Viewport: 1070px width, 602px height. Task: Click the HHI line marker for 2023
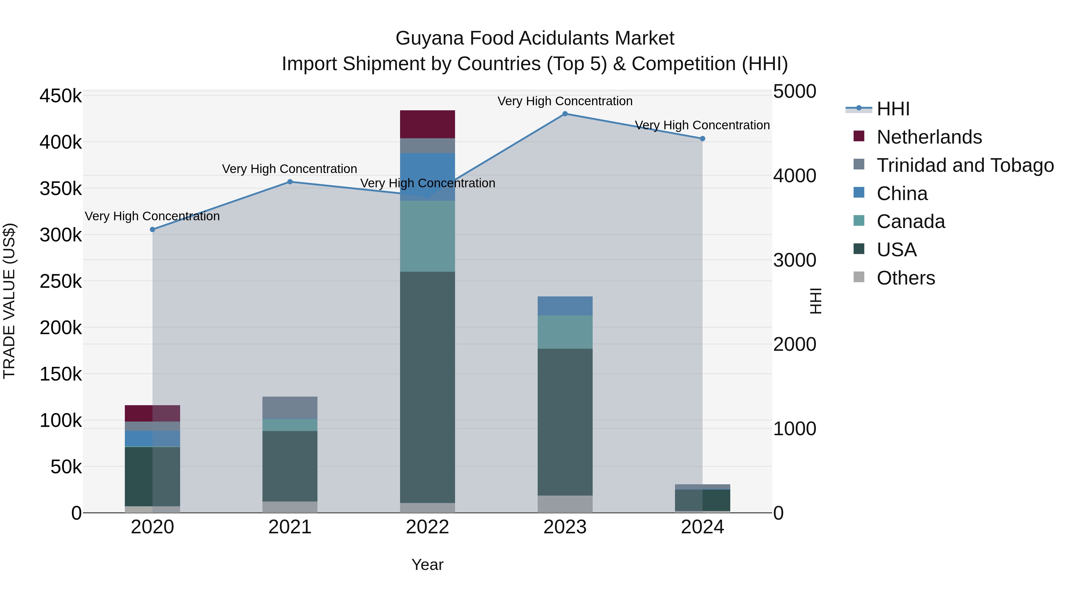click(565, 114)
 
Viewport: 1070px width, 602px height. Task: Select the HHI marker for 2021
click(290, 182)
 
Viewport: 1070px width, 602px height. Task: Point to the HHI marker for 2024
click(702, 139)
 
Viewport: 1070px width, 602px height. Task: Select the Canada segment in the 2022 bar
click(427, 236)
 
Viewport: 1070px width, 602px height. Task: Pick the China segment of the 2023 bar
click(565, 306)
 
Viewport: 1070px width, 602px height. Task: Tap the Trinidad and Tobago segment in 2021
click(290, 407)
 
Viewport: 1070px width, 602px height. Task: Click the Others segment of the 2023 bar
click(565, 504)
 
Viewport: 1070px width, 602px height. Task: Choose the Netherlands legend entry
click(929, 137)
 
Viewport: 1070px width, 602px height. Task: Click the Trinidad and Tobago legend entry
click(964, 165)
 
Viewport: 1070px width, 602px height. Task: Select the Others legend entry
click(906, 278)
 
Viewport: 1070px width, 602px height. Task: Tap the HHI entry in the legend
click(893, 109)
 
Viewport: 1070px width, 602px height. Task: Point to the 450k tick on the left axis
click(61, 96)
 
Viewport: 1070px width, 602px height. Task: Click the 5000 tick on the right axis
click(794, 92)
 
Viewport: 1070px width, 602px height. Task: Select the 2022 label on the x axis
click(427, 527)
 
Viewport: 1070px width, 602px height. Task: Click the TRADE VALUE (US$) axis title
click(9, 301)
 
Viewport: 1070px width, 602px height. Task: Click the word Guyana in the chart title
click(429, 38)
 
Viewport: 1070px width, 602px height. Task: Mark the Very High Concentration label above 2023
click(565, 101)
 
